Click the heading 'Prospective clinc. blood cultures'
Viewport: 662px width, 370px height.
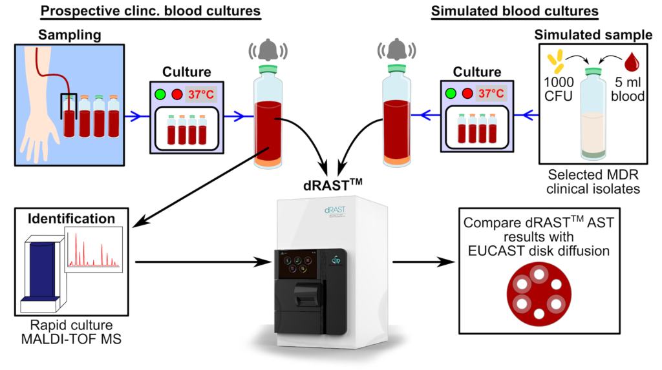click(x=151, y=11)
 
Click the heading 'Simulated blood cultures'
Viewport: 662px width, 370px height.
click(x=515, y=11)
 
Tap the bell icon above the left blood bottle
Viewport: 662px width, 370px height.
click(x=268, y=50)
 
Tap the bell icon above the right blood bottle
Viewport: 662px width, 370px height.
click(x=396, y=50)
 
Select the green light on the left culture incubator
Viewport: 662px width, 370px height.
click(x=160, y=94)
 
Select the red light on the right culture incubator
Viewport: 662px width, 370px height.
click(x=467, y=93)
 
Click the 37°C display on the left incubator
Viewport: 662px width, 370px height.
click(x=201, y=94)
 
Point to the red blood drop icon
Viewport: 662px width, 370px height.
click(x=632, y=61)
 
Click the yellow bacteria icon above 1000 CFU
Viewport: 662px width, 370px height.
click(x=555, y=61)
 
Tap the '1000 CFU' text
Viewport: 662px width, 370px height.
click(x=559, y=89)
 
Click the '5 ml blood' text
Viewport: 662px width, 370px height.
click(x=628, y=89)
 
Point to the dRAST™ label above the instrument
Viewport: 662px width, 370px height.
click(x=333, y=185)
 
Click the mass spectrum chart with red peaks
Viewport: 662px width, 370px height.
click(x=93, y=249)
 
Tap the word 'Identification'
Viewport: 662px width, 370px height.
click(x=71, y=218)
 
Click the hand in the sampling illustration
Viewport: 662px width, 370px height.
click(x=40, y=136)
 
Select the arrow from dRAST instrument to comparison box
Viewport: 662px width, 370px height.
click(x=423, y=262)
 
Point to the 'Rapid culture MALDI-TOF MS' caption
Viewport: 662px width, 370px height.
click(x=71, y=332)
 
